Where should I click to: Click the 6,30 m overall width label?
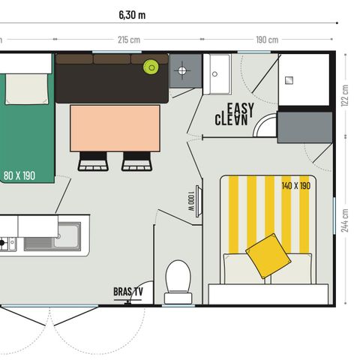pyautogui.click(x=132, y=14)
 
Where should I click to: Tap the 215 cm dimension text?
pyautogui.click(x=129, y=39)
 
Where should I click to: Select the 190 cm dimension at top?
pyautogui.click(x=267, y=39)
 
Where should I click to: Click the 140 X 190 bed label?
pyautogui.click(x=296, y=185)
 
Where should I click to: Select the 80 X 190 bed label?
pyautogui.click(x=18, y=175)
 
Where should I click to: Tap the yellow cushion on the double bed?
pyautogui.click(x=268, y=254)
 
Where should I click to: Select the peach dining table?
pyautogui.click(x=115, y=127)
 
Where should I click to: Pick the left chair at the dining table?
pyautogui.click(x=93, y=160)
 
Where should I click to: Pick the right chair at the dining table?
pyautogui.click(x=136, y=160)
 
